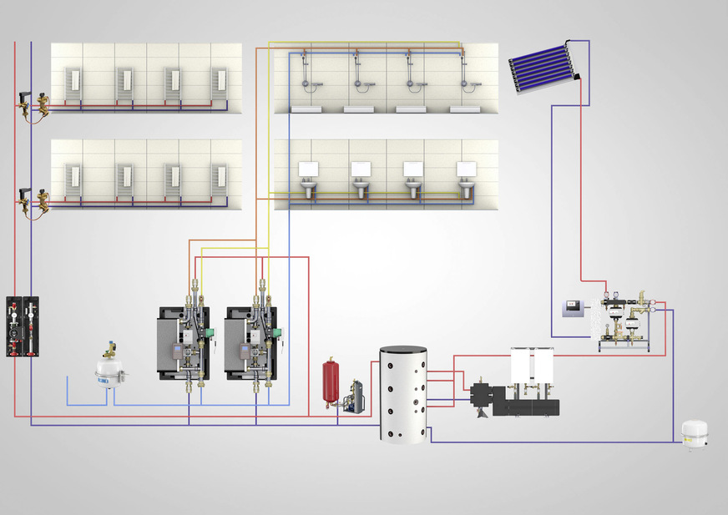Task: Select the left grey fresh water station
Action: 185,342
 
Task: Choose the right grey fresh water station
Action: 253,342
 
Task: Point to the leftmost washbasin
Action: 309,189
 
